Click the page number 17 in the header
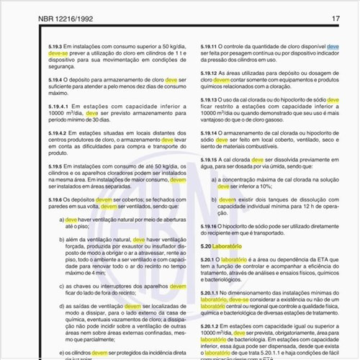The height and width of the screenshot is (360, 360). point(336,17)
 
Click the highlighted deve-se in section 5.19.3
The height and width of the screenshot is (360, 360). point(58,53)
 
